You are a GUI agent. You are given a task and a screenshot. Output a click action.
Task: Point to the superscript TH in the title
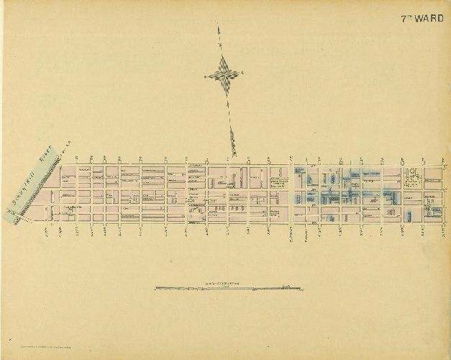(410, 17)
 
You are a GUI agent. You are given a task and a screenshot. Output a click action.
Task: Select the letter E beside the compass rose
(242, 73)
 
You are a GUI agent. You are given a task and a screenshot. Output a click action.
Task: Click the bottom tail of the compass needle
(234, 153)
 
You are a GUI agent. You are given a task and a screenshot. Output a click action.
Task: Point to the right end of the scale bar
(298, 288)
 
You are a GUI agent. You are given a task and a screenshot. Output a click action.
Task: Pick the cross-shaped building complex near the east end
(414, 176)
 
